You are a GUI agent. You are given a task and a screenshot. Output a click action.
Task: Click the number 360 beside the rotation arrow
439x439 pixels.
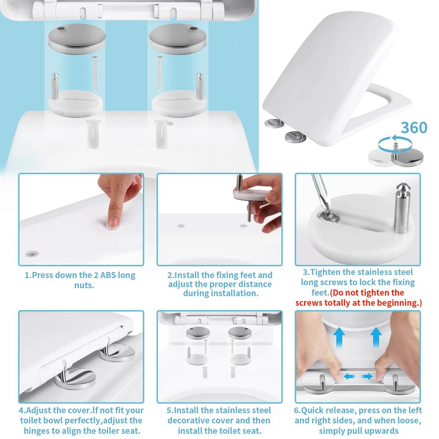pyautogui.click(x=414, y=128)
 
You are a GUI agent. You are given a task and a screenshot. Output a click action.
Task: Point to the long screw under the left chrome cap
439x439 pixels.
pyautogui.click(x=94, y=74)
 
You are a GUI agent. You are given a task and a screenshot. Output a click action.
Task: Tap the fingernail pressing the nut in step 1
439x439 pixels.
pyautogui.click(x=112, y=221)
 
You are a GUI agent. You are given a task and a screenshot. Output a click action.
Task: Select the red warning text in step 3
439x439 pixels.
pyautogui.click(x=358, y=298)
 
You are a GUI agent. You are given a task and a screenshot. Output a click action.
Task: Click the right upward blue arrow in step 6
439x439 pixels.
pyautogui.click(x=376, y=337)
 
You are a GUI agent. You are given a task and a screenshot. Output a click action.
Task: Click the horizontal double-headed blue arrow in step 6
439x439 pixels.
pyautogui.click(x=358, y=376)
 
